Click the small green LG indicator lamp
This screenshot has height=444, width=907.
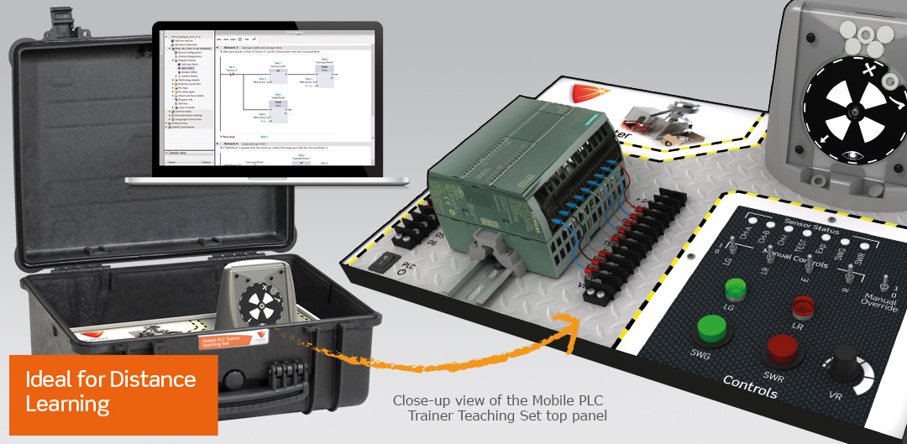736,290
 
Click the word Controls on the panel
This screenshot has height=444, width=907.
750,387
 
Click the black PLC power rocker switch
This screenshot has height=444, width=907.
383,262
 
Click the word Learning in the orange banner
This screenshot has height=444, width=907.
68,405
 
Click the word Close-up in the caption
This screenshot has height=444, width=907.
425,400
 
